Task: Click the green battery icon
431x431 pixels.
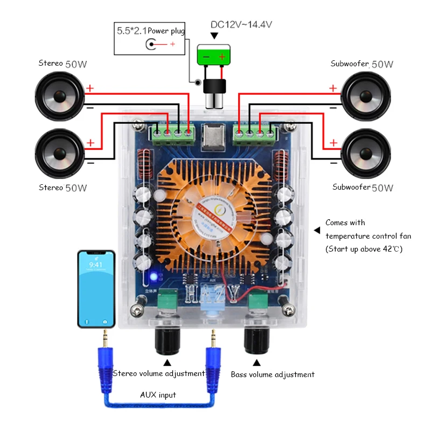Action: [x=213, y=55]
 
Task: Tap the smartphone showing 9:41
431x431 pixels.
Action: [x=96, y=289]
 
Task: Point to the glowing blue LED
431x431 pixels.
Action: [x=154, y=277]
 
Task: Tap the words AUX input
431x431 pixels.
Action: [x=158, y=395]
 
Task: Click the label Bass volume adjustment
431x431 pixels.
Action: [x=273, y=374]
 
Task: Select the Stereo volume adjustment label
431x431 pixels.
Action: [x=159, y=373]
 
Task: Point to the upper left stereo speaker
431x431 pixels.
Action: [x=59, y=97]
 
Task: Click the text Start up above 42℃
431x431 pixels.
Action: [x=364, y=249]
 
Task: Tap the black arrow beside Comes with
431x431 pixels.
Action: [x=317, y=230]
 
